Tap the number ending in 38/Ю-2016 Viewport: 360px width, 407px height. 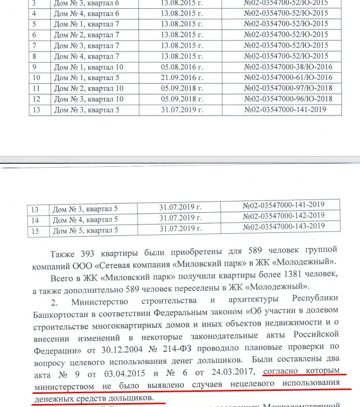(x=288, y=67)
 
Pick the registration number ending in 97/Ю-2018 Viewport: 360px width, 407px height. (x=288, y=89)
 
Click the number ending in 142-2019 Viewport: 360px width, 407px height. (x=283, y=215)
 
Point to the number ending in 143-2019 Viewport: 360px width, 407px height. (x=283, y=226)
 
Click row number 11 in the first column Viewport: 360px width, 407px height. (x=36, y=89)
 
